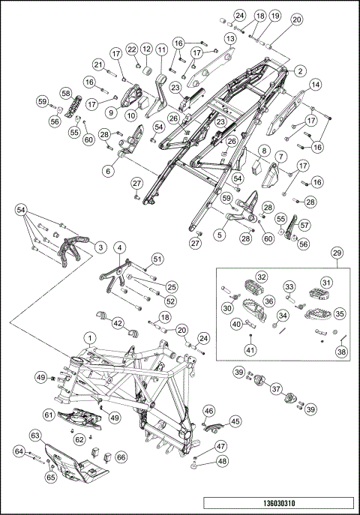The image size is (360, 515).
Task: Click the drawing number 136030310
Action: [279, 503]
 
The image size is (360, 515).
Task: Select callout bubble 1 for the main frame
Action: [91, 337]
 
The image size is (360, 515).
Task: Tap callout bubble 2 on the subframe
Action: [300, 70]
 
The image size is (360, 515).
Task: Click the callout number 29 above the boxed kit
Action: [337, 253]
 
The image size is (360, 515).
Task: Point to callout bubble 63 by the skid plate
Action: [35, 436]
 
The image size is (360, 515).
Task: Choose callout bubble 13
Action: [230, 39]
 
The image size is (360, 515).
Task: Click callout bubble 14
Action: [315, 85]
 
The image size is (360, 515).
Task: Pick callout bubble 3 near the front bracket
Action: [100, 247]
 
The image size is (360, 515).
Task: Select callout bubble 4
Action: [119, 248]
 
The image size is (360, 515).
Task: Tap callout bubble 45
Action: [235, 421]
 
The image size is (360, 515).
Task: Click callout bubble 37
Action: [276, 389]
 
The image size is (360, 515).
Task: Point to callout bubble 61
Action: [49, 415]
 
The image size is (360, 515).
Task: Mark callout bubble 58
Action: [66, 94]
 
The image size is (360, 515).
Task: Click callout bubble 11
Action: [161, 50]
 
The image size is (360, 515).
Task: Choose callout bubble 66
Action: [121, 457]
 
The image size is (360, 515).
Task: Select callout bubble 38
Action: [341, 352]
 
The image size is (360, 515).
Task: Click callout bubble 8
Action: [264, 151]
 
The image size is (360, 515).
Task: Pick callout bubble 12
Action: [146, 49]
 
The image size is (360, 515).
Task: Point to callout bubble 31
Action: [326, 283]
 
